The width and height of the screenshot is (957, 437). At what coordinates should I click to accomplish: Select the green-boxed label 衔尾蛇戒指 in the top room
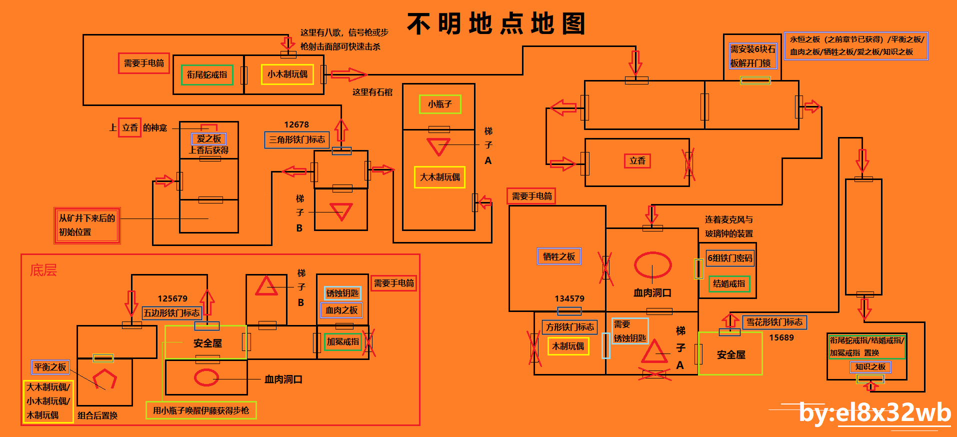207,75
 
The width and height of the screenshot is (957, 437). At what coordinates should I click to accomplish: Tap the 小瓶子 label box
440,104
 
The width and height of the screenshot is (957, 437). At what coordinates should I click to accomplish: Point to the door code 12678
296,124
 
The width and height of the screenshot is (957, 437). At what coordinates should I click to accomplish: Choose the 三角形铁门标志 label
297,139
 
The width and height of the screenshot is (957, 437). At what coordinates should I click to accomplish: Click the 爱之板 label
209,138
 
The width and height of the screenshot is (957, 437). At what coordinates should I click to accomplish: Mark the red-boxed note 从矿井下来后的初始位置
87,225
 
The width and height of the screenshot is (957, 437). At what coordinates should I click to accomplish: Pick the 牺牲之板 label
559,256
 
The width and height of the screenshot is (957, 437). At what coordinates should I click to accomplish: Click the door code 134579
569,298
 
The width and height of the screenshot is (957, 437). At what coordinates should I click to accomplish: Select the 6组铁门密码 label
729,258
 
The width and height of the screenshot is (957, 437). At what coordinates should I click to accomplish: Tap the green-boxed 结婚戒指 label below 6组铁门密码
729,283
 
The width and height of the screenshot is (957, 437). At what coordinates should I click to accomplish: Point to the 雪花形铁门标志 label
774,322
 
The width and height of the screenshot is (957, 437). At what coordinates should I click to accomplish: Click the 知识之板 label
870,366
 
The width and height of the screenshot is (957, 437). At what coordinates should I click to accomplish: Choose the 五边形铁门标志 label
171,313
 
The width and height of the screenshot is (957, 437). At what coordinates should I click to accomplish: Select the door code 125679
172,298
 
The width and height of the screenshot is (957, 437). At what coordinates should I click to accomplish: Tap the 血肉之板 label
341,310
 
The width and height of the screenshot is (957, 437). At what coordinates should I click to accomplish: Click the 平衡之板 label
50,367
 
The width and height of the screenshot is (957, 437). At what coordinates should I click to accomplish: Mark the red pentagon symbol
104,378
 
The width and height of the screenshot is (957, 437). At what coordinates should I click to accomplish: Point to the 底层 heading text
43,270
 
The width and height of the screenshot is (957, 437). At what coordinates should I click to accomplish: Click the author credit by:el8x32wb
874,412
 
